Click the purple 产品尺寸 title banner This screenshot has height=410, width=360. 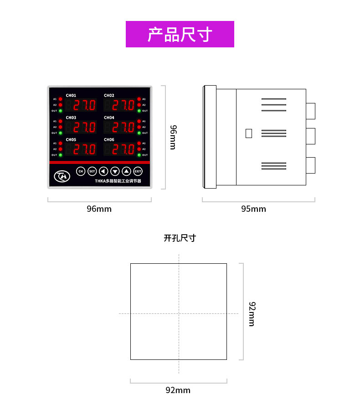pos(180,34)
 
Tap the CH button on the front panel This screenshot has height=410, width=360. pos(81,171)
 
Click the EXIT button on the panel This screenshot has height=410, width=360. pos(138,171)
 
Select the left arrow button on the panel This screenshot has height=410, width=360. pos(103,171)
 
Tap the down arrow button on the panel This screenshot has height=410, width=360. pos(115,171)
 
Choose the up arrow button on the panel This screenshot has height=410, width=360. pos(126,171)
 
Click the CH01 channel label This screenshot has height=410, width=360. pos(71,96)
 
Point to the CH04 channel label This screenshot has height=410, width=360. pos(109,118)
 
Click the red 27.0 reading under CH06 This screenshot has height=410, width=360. pos(123,149)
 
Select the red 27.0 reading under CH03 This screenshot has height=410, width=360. pos(85,128)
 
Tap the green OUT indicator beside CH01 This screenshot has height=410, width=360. pos(60,111)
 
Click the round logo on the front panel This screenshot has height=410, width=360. pos(62,175)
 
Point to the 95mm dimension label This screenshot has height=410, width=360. pos(253,209)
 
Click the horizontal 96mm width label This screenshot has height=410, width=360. pos(99,209)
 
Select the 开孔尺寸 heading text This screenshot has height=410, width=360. pos(180,238)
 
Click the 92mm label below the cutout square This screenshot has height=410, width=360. pos(178,390)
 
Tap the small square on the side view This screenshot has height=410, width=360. pos(248,133)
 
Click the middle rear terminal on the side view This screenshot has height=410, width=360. pos(310,136)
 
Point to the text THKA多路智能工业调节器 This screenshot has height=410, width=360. pos(118,181)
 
